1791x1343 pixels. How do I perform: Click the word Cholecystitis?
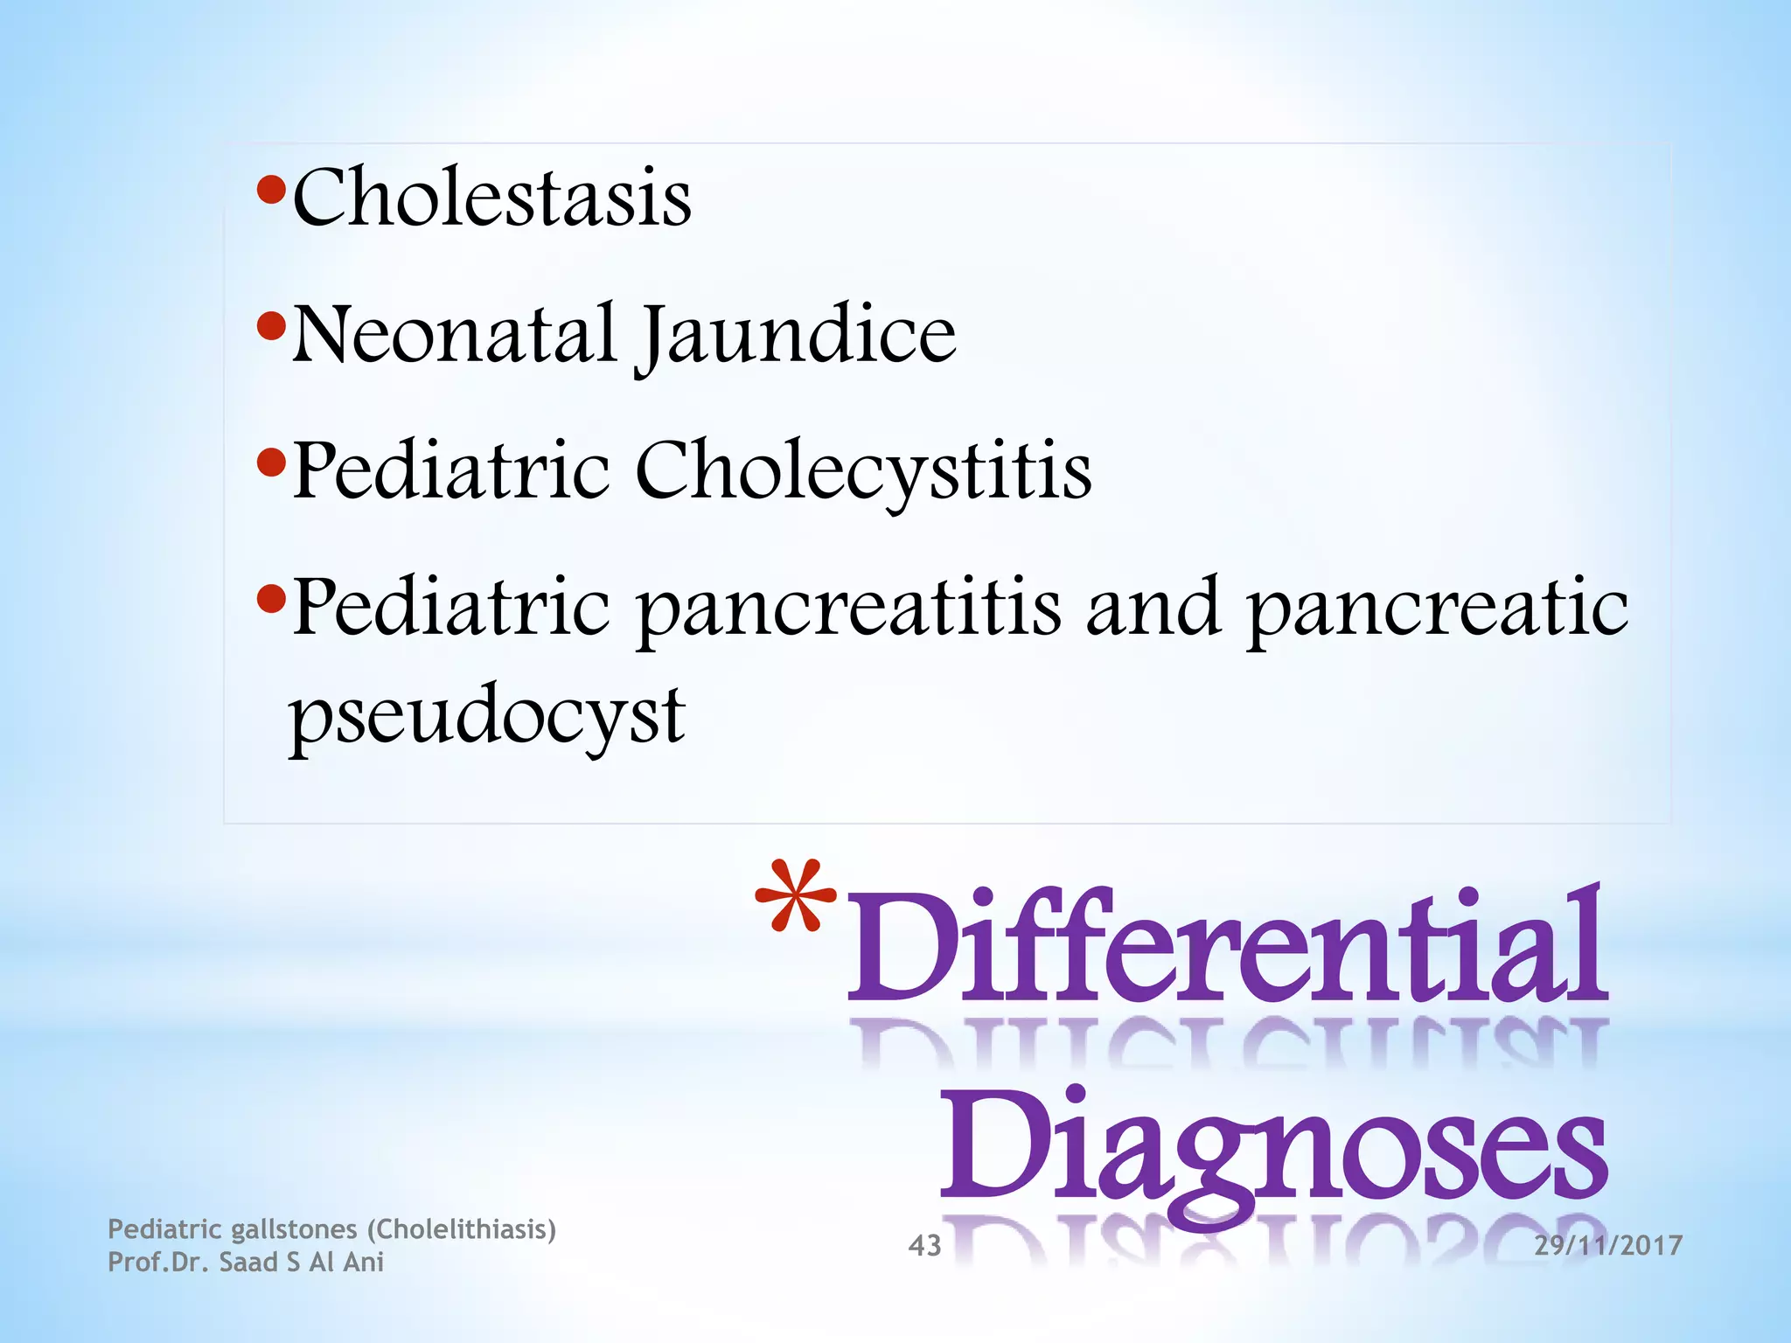(863, 472)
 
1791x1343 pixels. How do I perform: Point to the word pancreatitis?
(848, 609)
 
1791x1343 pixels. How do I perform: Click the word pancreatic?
(1437, 609)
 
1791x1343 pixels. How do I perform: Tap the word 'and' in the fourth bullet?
(1153, 607)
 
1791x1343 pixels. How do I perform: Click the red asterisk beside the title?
(796, 898)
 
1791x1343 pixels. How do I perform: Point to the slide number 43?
(924, 1245)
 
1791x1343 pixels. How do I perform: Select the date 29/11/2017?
(1607, 1245)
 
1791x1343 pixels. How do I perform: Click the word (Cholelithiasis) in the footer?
(461, 1229)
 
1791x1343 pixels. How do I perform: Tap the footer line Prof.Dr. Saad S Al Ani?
(246, 1263)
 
